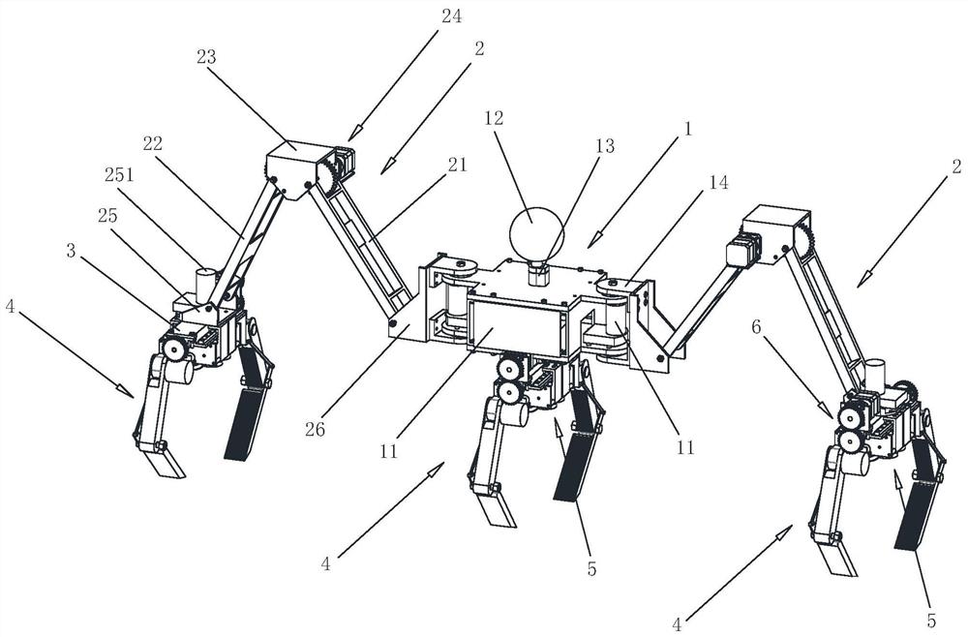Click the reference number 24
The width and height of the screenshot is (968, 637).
point(451,16)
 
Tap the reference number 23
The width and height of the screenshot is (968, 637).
point(206,57)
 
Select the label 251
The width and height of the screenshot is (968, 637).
point(119,175)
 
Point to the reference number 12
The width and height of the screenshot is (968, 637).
point(494,118)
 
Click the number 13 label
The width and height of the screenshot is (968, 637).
point(605,145)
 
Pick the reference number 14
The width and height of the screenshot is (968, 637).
point(718,182)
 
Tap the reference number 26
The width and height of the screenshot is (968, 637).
point(315,429)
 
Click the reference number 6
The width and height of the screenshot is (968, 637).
point(757,328)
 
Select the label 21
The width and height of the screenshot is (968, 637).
point(458,165)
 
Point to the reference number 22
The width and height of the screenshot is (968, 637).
point(153,143)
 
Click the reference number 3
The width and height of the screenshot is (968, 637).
point(71,251)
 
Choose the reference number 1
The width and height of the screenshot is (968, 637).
point(687,129)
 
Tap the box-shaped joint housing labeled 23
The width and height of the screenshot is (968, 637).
point(293,166)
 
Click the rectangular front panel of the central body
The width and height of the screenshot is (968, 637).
point(517,327)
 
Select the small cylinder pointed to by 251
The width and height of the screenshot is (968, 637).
point(207,284)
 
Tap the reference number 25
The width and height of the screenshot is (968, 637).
point(106,216)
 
